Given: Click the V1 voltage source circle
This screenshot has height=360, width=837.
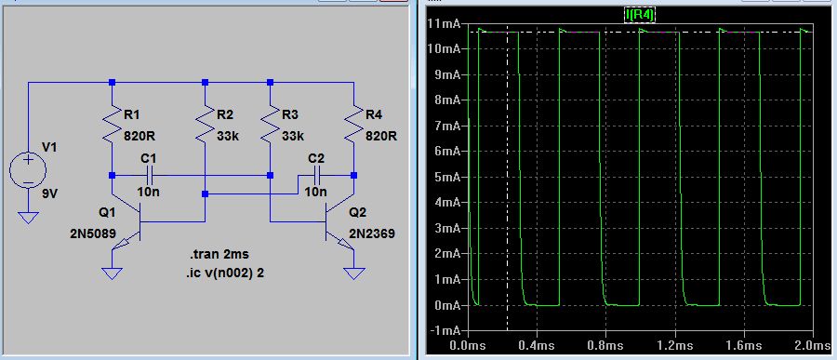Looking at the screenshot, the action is (x=28, y=170).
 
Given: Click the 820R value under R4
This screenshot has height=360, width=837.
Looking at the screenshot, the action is (x=381, y=136).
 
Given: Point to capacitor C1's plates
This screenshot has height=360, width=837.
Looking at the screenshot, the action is (x=149, y=175).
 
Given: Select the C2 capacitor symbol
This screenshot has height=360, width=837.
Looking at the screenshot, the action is (x=316, y=175).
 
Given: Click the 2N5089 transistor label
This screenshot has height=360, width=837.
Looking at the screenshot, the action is (x=92, y=233).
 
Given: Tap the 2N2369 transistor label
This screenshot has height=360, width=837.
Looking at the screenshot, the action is (x=372, y=233).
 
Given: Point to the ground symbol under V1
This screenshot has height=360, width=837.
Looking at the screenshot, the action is (x=28, y=218).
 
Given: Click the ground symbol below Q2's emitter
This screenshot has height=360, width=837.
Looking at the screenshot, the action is (x=353, y=273).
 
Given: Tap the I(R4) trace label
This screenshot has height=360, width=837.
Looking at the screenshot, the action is (x=640, y=15).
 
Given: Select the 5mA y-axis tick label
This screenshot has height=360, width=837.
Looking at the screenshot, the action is (x=447, y=177).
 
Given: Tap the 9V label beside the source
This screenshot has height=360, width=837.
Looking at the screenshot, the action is (x=49, y=194).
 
